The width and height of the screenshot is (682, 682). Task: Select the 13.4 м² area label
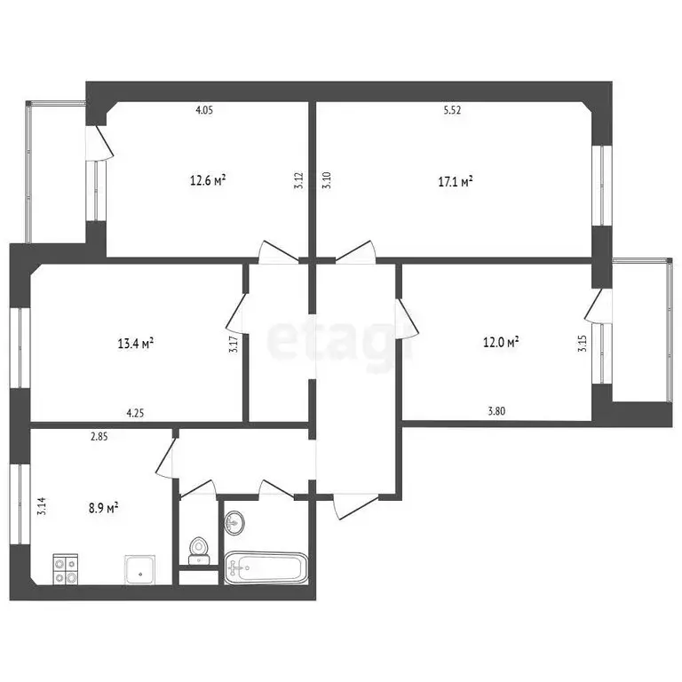[137, 342]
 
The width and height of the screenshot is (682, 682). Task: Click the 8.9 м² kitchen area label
[104, 509]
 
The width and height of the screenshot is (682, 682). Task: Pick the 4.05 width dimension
[205, 111]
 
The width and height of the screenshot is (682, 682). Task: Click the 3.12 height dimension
[299, 180]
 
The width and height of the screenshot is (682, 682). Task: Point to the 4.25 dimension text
[136, 412]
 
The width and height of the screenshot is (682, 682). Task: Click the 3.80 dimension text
[498, 411]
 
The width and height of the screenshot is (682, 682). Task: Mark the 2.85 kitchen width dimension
[99, 436]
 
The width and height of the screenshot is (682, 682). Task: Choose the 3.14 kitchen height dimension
[42, 507]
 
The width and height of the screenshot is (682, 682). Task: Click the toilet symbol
[199, 550]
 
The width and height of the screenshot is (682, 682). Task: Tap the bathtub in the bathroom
[266, 567]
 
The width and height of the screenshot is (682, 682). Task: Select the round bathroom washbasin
[234, 523]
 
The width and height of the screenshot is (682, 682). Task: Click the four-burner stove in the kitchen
[65, 567]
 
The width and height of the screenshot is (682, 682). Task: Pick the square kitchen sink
[139, 569]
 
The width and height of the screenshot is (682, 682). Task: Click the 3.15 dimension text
[583, 343]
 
